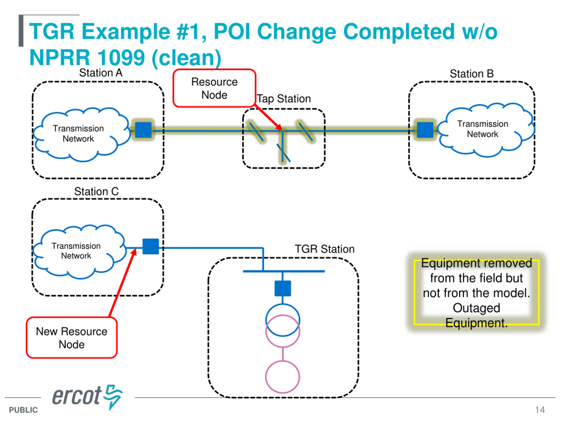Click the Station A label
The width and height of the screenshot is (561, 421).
(101, 73)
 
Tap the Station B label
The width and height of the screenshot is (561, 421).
(472, 74)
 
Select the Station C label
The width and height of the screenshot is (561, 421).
(96, 191)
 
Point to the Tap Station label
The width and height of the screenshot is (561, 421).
(284, 99)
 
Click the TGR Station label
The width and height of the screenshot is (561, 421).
(325, 249)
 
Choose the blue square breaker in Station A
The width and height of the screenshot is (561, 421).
(143, 130)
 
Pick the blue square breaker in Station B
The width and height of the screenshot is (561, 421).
(425, 130)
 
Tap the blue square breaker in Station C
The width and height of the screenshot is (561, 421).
(151, 246)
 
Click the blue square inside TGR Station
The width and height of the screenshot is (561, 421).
(283, 288)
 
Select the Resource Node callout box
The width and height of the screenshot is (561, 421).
(214, 88)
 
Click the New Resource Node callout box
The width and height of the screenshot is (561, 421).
(71, 337)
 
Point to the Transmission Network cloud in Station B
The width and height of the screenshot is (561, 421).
(486, 130)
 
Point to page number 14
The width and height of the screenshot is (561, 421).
(540, 410)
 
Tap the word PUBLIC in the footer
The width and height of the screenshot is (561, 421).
(23, 410)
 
